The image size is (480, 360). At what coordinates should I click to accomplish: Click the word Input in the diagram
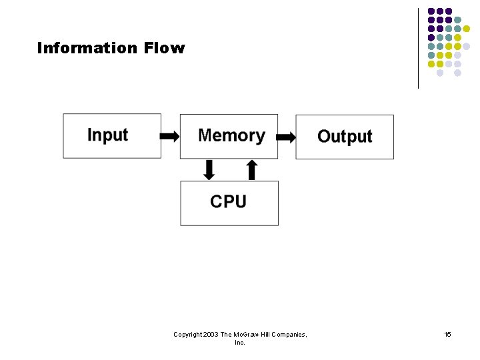tap(107, 135)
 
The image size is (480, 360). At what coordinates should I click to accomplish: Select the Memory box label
tap(231, 135)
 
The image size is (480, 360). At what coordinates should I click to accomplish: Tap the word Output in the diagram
tap(345, 136)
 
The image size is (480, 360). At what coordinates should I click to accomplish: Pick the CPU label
tap(228, 201)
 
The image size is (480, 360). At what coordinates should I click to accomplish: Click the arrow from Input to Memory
tap(170, 137)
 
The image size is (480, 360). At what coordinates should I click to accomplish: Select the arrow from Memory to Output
tap(286, 137)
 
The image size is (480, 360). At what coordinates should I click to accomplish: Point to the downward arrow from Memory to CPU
tap(209, 170)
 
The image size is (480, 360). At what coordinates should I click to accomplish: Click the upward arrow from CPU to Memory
tap(251, 170)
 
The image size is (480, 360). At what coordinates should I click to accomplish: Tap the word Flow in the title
tap(163, 48)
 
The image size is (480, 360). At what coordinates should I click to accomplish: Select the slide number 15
tap(447, 334)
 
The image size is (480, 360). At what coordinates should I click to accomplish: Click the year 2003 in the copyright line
tap(211, 334)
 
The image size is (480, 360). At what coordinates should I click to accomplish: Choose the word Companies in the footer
tap(288, 334)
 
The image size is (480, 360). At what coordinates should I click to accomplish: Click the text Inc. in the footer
tap(240, 342)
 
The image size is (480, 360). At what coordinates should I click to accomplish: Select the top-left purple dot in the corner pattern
tap(431, 11)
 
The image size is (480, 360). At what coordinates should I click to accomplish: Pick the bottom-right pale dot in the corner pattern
tap(457, 73)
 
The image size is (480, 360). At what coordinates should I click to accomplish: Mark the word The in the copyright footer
tap(226, 334)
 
